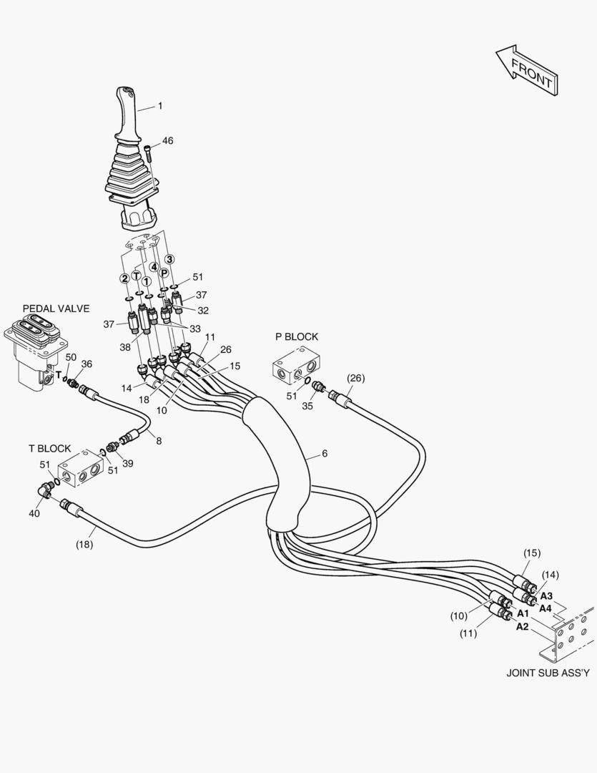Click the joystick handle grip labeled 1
pyautogui.click(x=127, y=115)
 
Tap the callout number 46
pyautogui.click(x=167, y=141)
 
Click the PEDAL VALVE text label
pyautogui.click(x=56, y=308)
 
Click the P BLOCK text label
pyautogui.click(x=297, y=336)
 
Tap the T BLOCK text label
pyautogui.click(x=49, y=449)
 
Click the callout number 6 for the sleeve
pyautogui.click(x=325, y=454)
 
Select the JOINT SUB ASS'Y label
pyautogui.click(x=548, y=673)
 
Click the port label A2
pyautogui.click(x=523, y=627)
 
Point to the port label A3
pyautogui.click(x=546, y=595)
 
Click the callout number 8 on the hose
pyautogui.click(x=159, y=441)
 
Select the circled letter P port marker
pyautogui.click(x=164, y=273)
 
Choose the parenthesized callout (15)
pyautogui.click(x=531, y=553)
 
